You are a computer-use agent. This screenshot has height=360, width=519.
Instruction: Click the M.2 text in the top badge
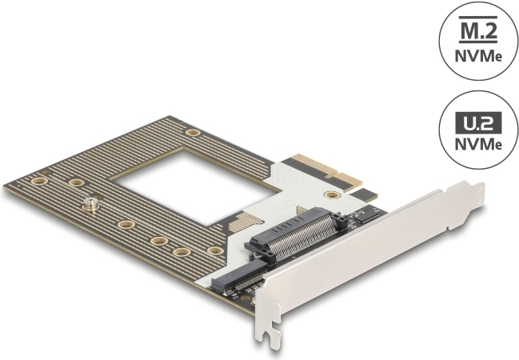tap(477, 34)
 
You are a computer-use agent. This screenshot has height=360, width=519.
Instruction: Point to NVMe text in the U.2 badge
tap(477, 145)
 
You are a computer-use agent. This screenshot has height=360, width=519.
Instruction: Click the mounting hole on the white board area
tap(329, 194)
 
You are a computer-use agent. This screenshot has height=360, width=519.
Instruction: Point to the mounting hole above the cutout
tap(192, 133)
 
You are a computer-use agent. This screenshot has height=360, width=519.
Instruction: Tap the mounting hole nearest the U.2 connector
tap(214, 251)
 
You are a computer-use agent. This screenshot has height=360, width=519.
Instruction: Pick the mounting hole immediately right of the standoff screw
tap(125, 225)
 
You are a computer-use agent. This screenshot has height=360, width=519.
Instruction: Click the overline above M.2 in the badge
tap(477, 22)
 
